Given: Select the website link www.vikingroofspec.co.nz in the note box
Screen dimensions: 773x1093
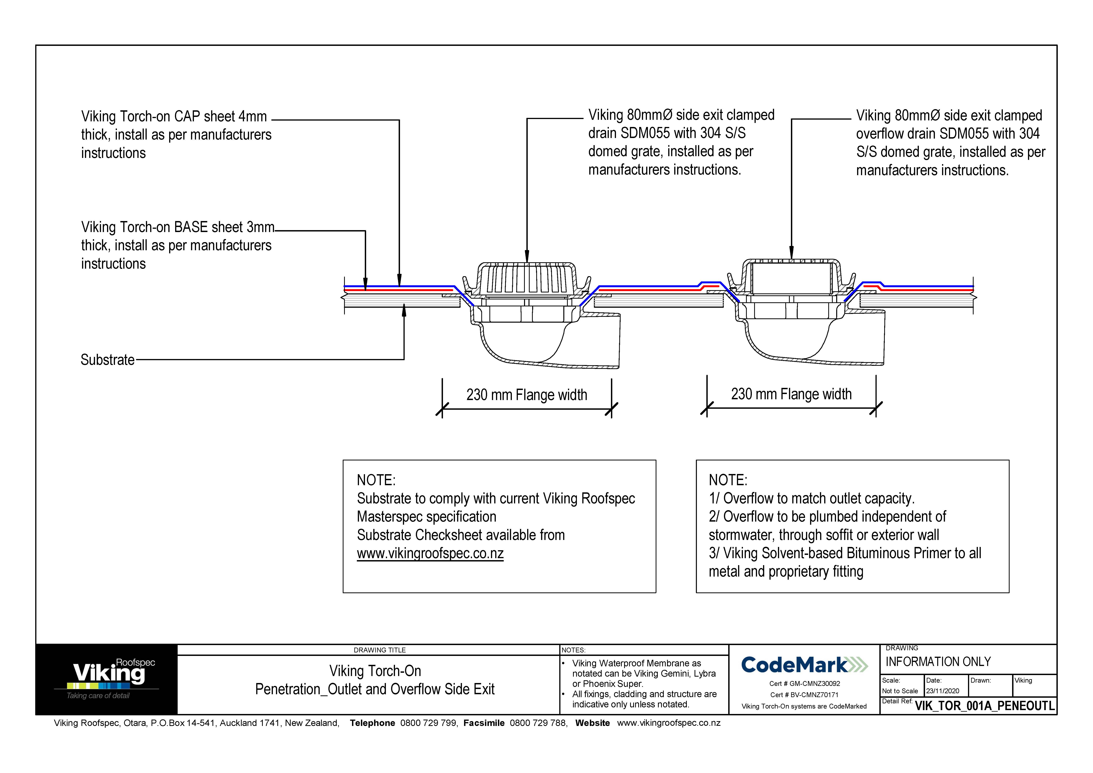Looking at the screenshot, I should pos(430,554).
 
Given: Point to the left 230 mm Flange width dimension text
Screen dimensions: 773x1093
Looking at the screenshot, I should pos(527,395).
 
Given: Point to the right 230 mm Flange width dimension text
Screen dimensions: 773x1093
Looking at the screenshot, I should pos(791,394).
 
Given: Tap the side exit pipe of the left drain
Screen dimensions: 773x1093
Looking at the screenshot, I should pos(602,340).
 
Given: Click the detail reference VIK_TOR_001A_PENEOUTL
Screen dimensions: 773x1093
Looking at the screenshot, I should pos(984,706).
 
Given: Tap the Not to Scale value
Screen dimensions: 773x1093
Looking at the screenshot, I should pos(900,691).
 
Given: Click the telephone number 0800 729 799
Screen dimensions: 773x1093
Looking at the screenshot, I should pos(428,723).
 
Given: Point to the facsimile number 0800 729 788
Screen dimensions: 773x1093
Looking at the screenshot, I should pos(538,723).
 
